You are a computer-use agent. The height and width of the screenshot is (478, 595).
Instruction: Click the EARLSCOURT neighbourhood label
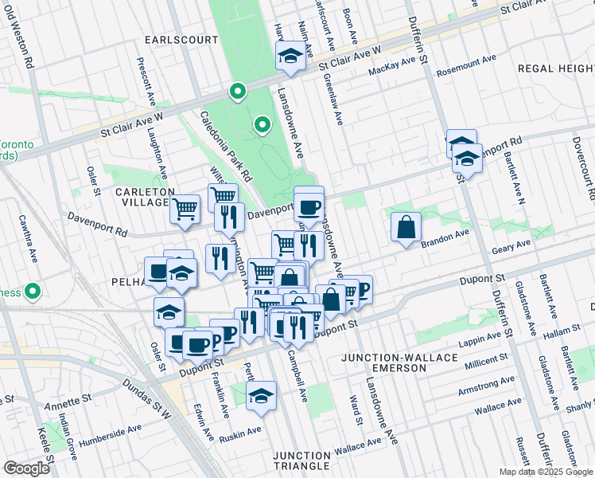[x=170, y=39]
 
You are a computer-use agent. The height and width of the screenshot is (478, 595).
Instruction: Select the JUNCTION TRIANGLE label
[x=301, y=460]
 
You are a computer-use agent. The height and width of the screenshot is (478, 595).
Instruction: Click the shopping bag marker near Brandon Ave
[x=406, y=228]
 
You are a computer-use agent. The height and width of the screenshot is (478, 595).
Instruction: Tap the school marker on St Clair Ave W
[x=289, y=56]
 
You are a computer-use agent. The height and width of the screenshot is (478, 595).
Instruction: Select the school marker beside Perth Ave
[x=260, y=396]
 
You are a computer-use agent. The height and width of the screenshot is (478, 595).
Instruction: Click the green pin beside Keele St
[x=33, y=291]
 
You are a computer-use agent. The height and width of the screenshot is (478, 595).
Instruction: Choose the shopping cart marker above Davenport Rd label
[x=185, y=210]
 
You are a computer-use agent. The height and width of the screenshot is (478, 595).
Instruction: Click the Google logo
[x=27, y=468]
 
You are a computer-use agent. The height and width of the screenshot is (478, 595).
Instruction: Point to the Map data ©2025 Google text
[x=545, y=472]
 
